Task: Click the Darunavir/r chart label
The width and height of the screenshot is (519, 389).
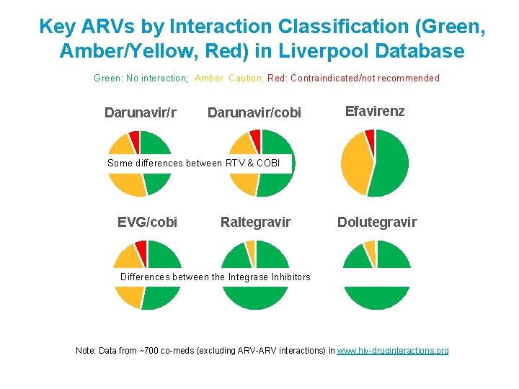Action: coord(141,112)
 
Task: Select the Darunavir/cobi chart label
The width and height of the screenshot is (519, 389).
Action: coord(254,112)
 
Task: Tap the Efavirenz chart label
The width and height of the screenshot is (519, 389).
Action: coord(375,111)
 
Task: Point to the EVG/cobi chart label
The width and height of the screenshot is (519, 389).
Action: coord(147,222)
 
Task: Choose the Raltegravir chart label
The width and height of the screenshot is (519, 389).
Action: coord(255,222)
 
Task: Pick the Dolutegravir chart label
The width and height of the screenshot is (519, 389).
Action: coord(377,222)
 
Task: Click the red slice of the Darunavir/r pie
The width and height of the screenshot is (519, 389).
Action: coord(134,138)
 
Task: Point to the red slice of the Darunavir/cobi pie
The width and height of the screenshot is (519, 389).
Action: coord(255,137)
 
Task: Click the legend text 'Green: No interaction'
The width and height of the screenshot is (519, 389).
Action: coord(141,78)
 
